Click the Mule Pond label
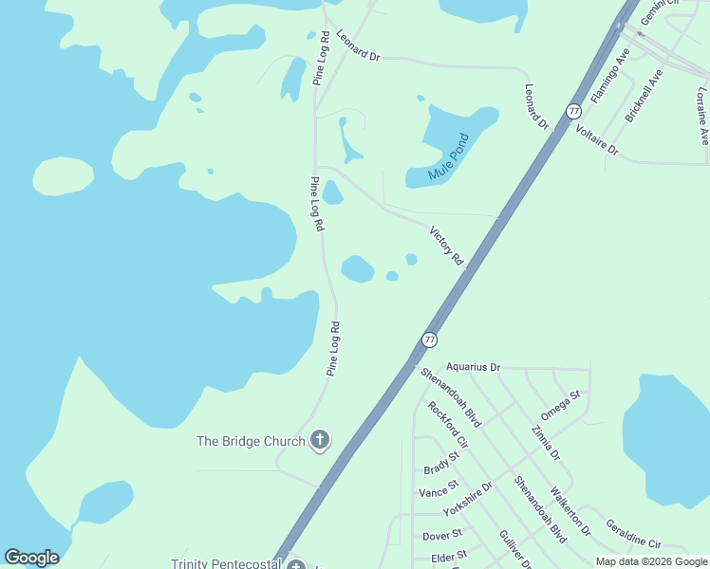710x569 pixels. click(448, 156)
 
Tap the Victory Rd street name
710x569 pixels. click(445, 245)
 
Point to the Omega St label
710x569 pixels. click(560, 405)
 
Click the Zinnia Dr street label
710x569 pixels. click(546, 443)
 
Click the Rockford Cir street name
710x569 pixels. click(448, 424)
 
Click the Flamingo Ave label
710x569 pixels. click(610, 76)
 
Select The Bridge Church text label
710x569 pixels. click(251, 441)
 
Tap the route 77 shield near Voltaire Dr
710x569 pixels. click(573, 111)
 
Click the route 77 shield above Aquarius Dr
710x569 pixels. click(430, 339)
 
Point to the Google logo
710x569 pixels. click(31, 558)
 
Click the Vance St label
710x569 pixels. click(439, 493)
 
